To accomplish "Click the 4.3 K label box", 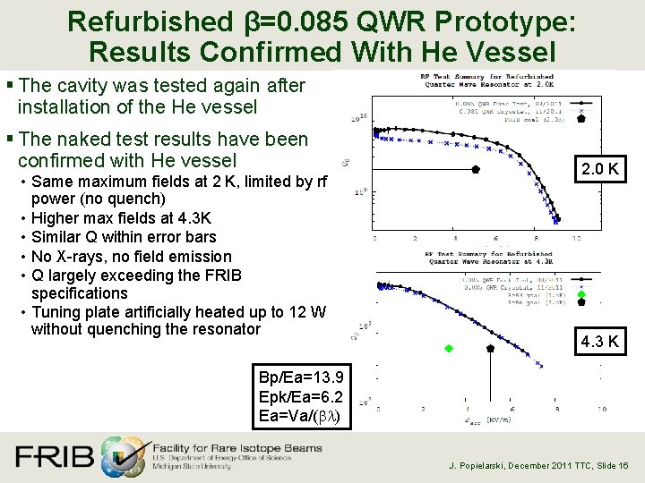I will tap(598, 341).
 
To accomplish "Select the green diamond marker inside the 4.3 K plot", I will tap(450, 347).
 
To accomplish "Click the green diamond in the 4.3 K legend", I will tap(581, 294).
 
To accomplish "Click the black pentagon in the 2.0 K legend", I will tap(581, 117).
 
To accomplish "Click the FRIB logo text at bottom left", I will tap(54, 456).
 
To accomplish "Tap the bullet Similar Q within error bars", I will tap(124, 237).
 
